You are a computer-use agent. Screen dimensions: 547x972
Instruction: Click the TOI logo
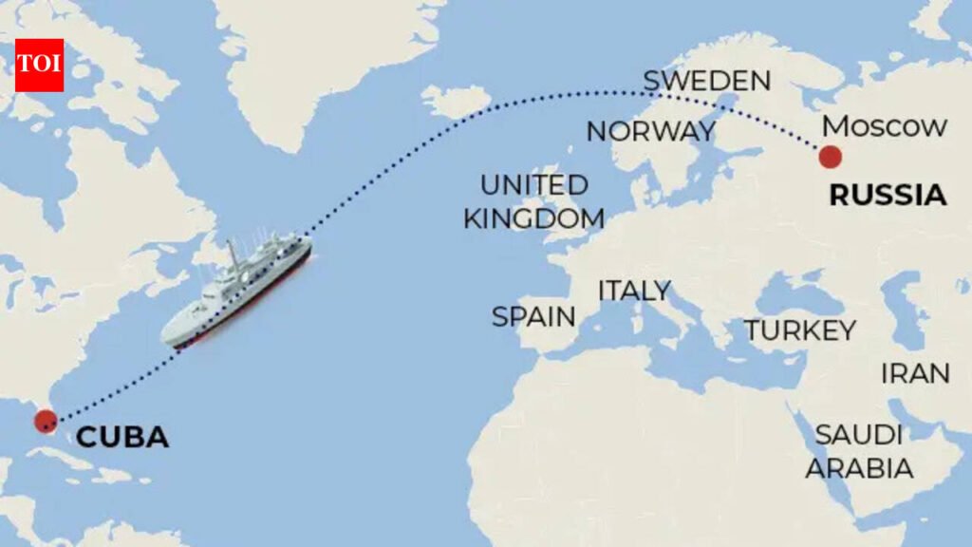tap(39, 66)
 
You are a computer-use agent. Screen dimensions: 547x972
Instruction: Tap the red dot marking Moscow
tap(831, 157)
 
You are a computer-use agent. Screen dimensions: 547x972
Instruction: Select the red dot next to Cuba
tap(45, 422)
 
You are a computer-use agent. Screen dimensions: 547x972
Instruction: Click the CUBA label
tap(122, 438)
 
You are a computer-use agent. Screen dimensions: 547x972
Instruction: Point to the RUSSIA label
tap(888, 196)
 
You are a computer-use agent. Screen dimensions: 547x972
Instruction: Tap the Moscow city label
tap(885, 126)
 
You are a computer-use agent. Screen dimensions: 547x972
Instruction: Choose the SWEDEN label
tap(706, 81)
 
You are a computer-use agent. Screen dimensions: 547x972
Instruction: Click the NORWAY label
tap(650, 131)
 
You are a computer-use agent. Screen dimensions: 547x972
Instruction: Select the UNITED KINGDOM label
tap(533, 201)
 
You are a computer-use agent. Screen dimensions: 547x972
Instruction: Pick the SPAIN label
tap(533, 316)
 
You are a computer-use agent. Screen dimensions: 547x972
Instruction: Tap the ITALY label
tap(634, 291)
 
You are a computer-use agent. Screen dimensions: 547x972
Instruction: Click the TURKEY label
tap(799, 330)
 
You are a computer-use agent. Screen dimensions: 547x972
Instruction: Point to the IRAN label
tap(915, 373)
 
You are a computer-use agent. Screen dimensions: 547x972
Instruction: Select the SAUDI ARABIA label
tap(859, 451)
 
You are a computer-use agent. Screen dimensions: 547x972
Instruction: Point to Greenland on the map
tap(313, 57)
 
